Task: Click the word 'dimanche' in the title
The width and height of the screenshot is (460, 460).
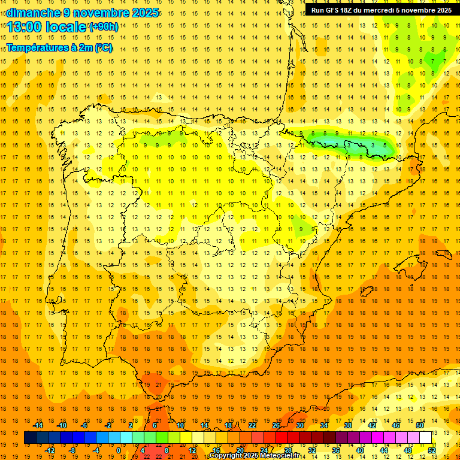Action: [33, 13]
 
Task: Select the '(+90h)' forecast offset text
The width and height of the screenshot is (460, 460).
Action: [104, 27]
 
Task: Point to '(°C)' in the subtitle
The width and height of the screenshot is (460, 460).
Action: [103, 47]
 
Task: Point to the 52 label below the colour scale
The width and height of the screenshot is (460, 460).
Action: [432, 450]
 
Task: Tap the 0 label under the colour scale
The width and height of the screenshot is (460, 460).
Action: [119, 450]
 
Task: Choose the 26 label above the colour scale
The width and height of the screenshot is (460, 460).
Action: [276, 425]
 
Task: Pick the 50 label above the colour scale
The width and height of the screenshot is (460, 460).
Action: [419, 425]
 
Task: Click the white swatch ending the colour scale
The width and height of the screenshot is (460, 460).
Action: [425, 438]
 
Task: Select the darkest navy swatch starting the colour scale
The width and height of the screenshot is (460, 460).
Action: [30, 438]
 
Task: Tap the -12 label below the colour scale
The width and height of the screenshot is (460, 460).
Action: [50, 450]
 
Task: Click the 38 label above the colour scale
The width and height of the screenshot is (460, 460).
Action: [348, 425]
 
